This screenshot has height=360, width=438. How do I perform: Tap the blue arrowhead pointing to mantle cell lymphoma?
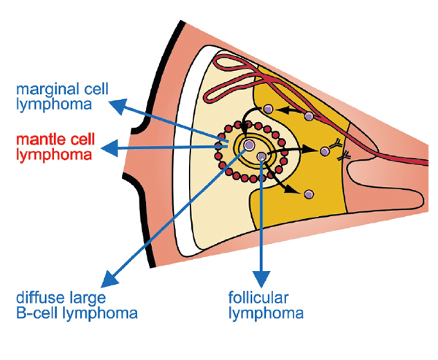(108, 148)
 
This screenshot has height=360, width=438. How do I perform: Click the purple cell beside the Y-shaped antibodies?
(324, 152)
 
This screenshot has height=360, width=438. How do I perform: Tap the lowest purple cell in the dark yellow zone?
(309, 194)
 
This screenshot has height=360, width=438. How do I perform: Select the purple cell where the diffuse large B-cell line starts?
(249, 147)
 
